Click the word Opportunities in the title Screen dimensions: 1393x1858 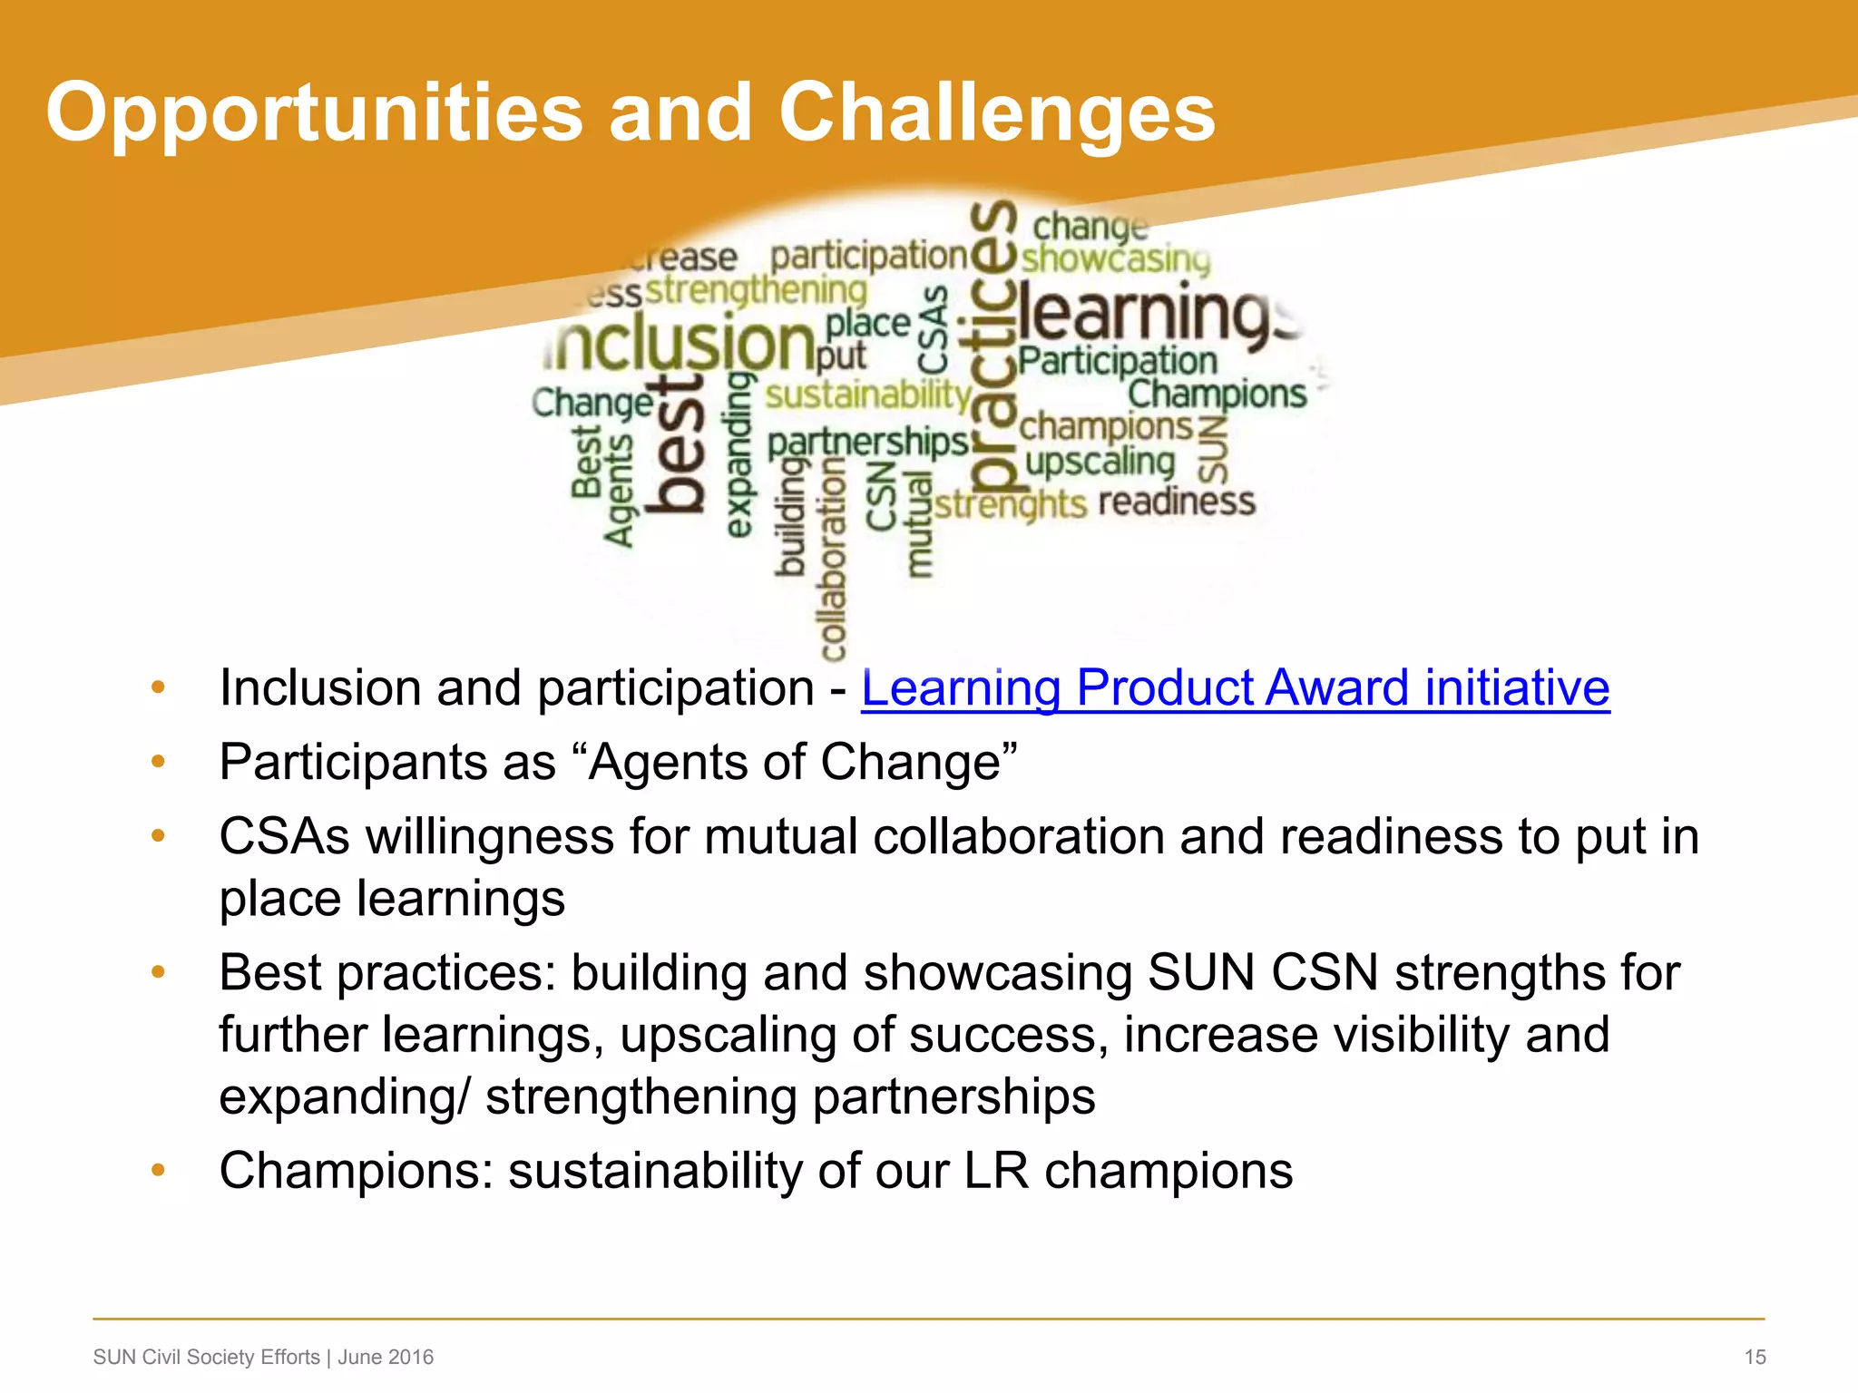pos(314,114)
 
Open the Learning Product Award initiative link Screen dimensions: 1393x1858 pos(1235,687)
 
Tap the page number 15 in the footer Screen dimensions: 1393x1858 pos(1755,1357)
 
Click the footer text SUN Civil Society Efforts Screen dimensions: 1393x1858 pos(207,1357)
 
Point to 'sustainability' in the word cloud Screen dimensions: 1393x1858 pos(867,395)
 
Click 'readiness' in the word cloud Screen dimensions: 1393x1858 pos(1177,501)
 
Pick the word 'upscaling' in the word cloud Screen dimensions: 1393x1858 pos(1100,463)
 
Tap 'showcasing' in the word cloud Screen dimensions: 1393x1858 pos(1116,258)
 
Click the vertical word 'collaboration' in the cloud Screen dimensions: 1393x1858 pos(833,558)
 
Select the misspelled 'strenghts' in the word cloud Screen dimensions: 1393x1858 pos(1010,504)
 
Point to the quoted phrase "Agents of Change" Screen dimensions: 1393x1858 pos(803,762)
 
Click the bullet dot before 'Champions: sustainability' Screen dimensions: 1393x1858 pos(158,1170)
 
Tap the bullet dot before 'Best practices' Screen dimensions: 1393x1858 pos(158,972)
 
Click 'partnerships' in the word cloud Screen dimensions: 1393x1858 pos(867,443)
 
